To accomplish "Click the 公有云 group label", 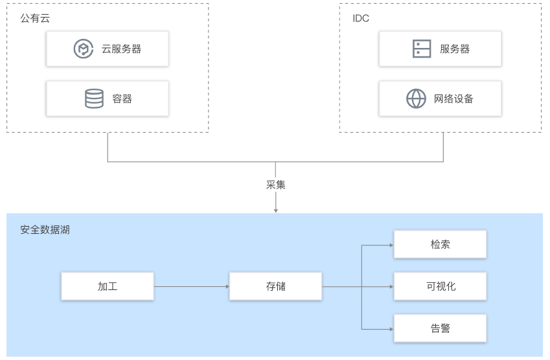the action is pyautogui.click(x=35, y=18).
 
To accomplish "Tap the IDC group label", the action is pyautogui.click(x=361, y=18).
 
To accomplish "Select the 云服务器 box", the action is pyautogui.click(x=108, y=49).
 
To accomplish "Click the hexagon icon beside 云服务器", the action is pyautogui.click(x=84, y=49).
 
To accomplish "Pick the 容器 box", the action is pyautogui.click(x=108, y=98).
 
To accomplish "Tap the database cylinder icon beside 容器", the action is pyautogui.click(x=95, y=98).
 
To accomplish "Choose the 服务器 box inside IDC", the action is pyautogui.click(x=441, y=49).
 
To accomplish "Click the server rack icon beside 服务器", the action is pyautogui.click(x=422, y=49).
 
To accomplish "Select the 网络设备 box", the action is pyautogui.click(x=441, y=98).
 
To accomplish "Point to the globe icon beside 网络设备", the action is pyautogui.click(x=416, y=98).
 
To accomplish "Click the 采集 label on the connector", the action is pyautogui.click(x=276, y=185).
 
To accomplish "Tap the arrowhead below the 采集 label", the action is pyautogui.click(x=276, y=210).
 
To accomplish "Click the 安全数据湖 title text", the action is pyautogui.click(x=45, y=230).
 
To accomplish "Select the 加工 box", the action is pyautogui.click(x=108, y=286).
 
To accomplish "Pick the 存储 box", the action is pyautogui.click(x=276, y=286).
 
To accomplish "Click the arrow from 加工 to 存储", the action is pyautogui.click(x=192, y=286).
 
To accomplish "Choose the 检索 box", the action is pyautogui.click(x=441, y=244).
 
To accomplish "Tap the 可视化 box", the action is pyautogui.click(x=441, y=286).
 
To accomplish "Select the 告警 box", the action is pyautogui.click(x=441, y=328).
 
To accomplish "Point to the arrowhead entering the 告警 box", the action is pyautogui.click(x=392, y=329).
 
